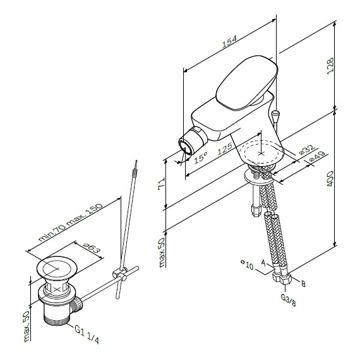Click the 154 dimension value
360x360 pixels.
click(229, 41)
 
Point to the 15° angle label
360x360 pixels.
click(201, 159)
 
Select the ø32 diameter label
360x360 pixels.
click(306, 150)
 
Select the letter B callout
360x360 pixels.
click(304, 285)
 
